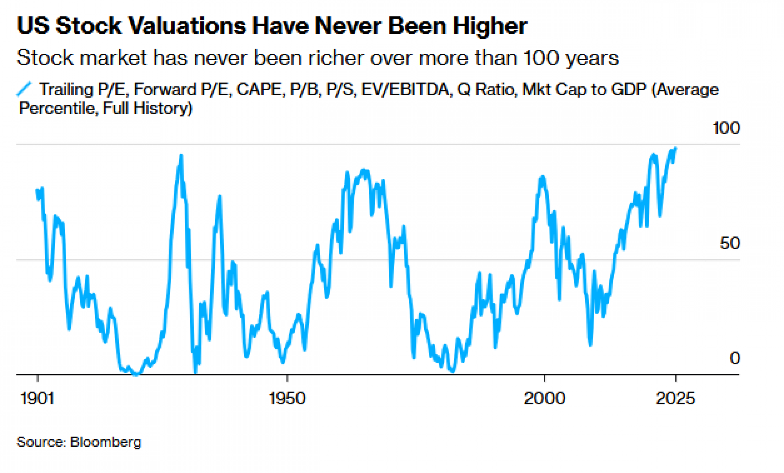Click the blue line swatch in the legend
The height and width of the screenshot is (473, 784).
point(24,89)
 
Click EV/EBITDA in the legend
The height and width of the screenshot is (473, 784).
point(405,89)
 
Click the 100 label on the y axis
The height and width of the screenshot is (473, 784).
point(726,128)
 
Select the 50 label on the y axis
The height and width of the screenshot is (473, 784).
point(730,244)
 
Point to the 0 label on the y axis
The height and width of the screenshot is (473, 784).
point(735,358)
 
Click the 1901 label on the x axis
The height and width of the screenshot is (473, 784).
point(37,398)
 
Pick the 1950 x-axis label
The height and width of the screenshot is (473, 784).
point(287,398)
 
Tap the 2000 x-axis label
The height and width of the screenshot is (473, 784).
point(544,398)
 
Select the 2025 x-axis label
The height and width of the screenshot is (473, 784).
point(675,398)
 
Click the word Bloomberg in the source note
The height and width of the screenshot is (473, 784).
point(105,442)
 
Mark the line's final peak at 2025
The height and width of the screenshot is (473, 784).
point(675,148)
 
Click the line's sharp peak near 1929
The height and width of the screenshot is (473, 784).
point(181,156)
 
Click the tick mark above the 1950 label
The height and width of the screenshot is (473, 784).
point(287,378)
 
